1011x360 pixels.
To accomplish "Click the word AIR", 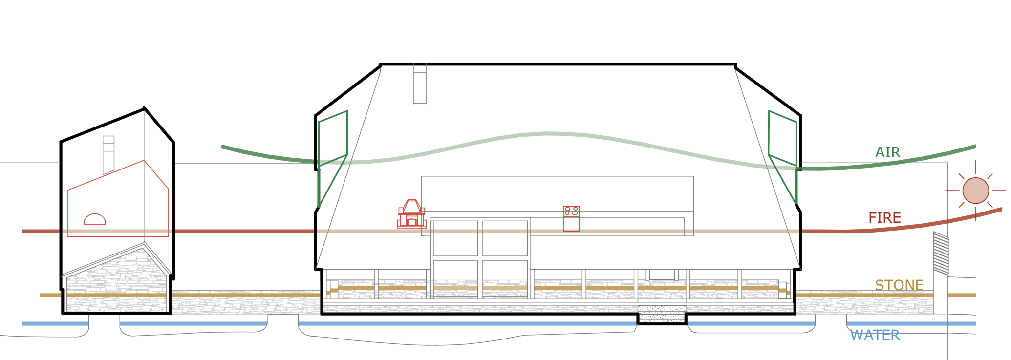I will (x=887, y=152).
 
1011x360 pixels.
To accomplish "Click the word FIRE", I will (x=884, y=218).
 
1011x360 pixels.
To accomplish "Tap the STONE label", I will (x=899, y=285).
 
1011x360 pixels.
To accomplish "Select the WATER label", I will (x=875, y=335).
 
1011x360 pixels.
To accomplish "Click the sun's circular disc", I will (x=975, y=191).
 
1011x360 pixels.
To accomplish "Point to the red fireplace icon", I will (x=411, y=214).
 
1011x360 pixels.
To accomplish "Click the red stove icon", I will (x=571, y=218).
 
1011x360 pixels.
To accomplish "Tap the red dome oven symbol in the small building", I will (x=95, y=219).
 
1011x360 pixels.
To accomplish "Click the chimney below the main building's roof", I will (x=419, y=84).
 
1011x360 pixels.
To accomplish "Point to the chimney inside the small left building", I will (x=108, y=154).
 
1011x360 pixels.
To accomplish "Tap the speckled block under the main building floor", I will (x=662, y=314).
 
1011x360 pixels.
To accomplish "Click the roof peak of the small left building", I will (x=144, y=108).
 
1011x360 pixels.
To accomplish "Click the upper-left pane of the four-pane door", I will (x=455, y=238).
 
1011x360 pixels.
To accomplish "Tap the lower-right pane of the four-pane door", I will (x=505, y=278).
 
